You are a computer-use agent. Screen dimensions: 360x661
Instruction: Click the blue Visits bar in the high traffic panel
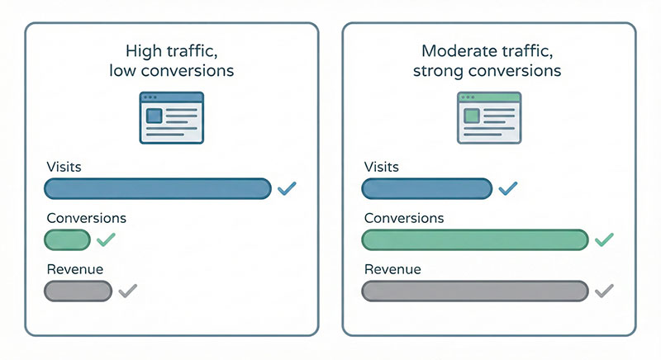click(157, 189)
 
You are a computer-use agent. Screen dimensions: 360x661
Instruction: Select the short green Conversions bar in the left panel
click(67, 240)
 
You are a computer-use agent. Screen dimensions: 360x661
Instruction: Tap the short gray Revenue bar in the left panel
click(78, 291)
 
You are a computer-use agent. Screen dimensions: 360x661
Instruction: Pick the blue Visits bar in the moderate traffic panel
click(427, 189)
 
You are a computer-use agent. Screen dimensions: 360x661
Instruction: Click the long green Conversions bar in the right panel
click(475, 240)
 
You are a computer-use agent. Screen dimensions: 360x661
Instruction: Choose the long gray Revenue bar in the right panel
click(475, 291)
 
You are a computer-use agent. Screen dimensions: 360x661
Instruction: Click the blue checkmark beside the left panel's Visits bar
click(287, 189)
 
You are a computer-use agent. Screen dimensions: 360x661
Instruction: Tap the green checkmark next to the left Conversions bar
click(107, 240)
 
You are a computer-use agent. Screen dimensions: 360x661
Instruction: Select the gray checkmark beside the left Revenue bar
click(127, 291)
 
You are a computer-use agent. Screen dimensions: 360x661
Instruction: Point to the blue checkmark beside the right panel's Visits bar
click(507, 189)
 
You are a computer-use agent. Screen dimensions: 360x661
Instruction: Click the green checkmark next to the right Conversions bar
click(604, 240)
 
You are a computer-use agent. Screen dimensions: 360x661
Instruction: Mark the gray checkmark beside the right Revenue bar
click(604, 291)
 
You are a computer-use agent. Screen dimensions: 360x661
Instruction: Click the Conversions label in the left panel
click(85, 219)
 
